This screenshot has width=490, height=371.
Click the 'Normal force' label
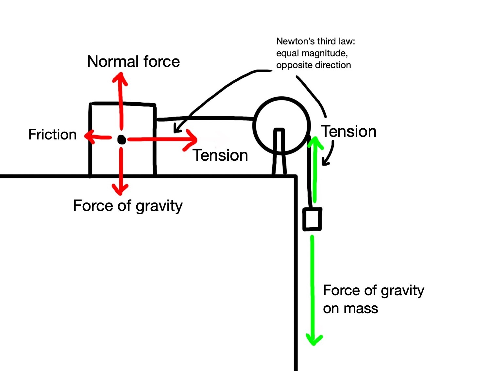tap(133, 61)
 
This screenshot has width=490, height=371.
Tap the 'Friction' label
tap(52, 135)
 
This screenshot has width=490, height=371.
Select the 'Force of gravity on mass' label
tap(373, 299)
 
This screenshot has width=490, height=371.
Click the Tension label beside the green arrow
tap(349, 131)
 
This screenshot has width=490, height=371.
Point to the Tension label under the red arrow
tap(220, 155)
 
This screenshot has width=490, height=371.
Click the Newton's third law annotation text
tap(315, 53)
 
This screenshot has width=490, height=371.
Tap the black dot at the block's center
tap(121, 139)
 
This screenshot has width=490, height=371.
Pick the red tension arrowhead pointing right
tap(192, 139)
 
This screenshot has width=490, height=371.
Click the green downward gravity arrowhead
tap(314, 340)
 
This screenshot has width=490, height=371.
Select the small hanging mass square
tap(312, 219)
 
